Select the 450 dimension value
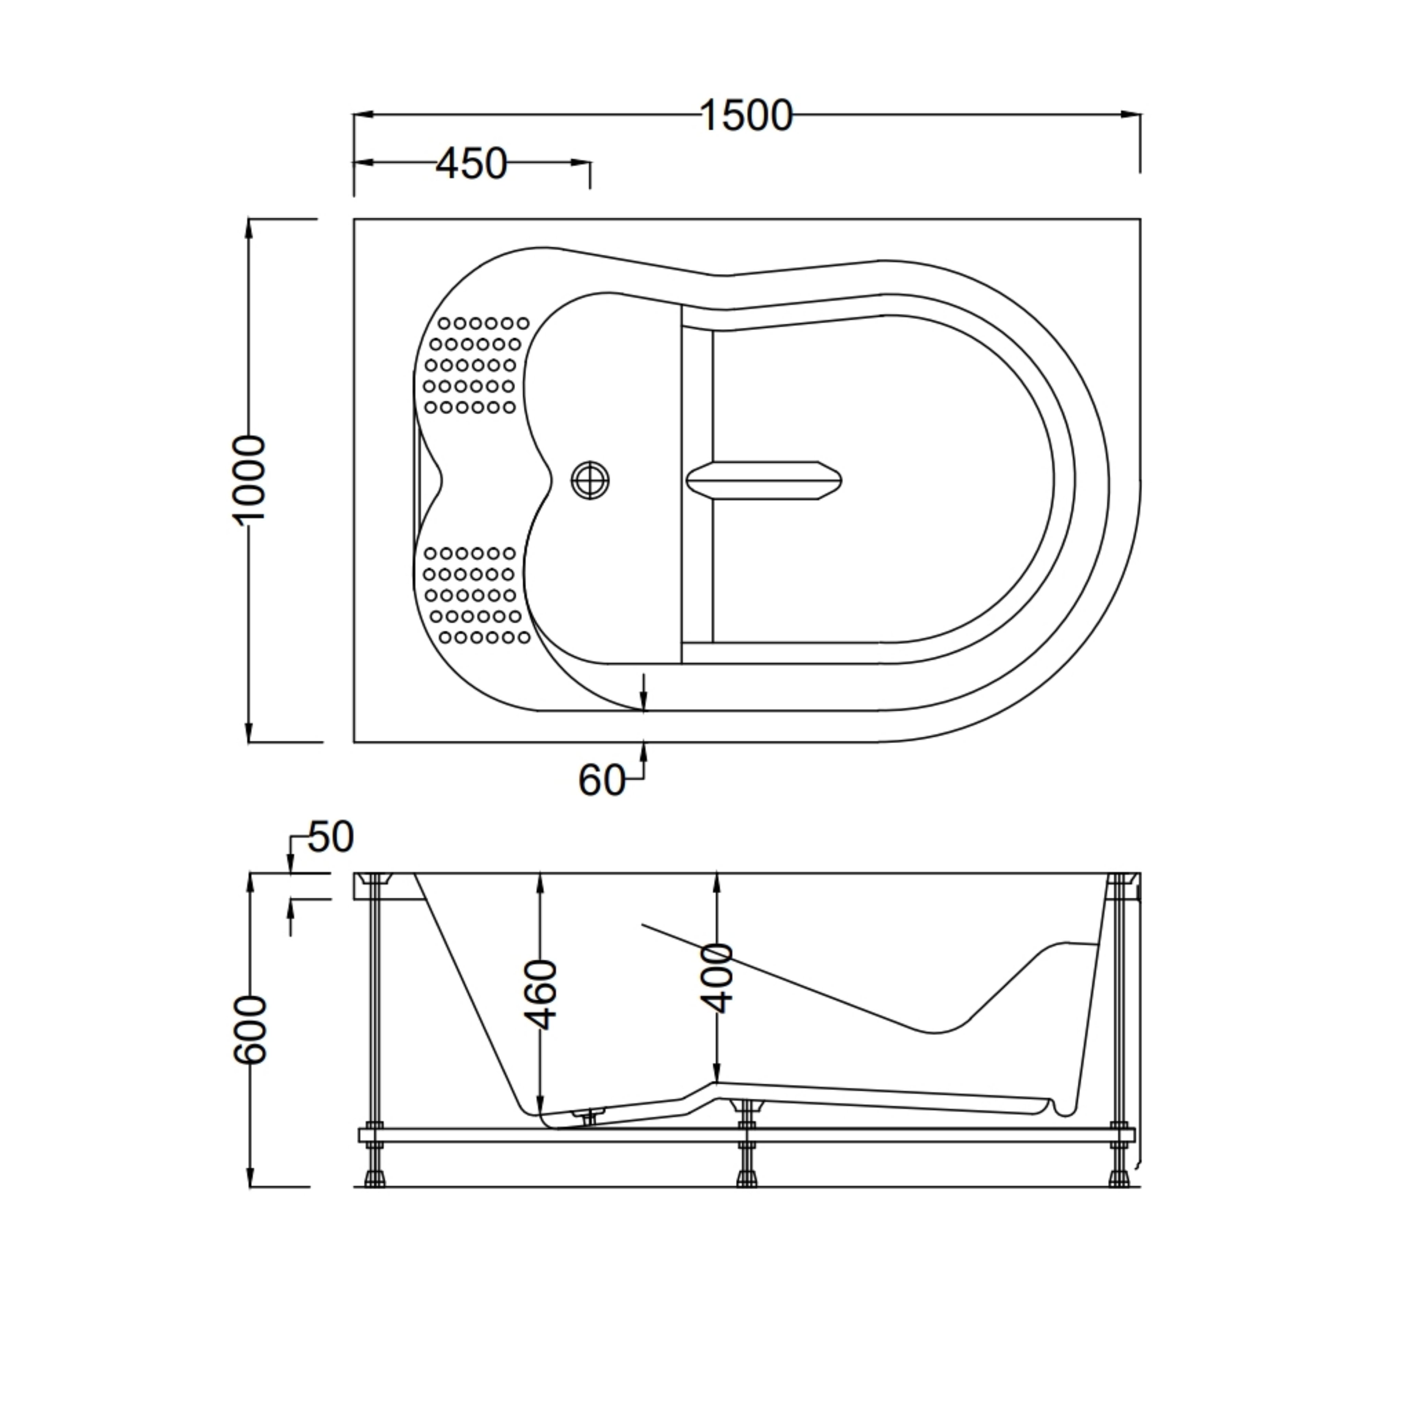471,164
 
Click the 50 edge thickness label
331,837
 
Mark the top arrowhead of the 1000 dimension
249,229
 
